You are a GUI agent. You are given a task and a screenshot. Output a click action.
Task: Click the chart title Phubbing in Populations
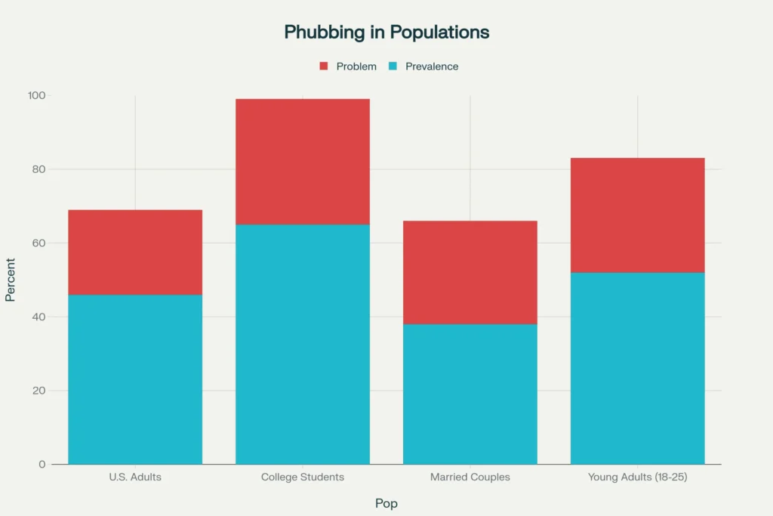point(386,32)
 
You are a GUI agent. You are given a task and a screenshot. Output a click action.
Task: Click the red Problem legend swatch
point(324,66)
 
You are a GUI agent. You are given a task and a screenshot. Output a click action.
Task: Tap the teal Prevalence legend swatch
point(393,66)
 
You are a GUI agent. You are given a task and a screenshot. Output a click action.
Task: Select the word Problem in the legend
point(356,66)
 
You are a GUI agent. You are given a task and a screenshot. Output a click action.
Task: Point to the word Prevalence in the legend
point(432,66)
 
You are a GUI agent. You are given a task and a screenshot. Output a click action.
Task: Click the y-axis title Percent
point(11,280)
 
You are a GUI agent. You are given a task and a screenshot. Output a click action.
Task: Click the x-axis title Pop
point(386,503)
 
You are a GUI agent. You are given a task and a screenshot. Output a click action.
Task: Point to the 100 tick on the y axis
point(37,96)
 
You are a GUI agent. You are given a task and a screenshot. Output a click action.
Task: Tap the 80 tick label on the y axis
point(39,169)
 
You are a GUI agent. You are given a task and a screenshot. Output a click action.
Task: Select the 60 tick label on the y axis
point(39,243)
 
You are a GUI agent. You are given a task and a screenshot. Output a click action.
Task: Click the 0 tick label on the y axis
point(42,464)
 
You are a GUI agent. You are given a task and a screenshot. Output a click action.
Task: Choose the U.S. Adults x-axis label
point(135,477)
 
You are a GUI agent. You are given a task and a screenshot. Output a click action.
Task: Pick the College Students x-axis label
point(303,477)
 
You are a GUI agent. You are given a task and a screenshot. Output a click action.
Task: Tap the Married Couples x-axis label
point(470,477)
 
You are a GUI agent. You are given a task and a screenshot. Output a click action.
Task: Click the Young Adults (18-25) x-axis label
point(638,477)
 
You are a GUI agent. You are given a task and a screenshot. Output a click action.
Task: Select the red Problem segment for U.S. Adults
point(135,252)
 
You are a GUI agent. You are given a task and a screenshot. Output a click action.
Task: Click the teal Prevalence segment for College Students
point(303,344)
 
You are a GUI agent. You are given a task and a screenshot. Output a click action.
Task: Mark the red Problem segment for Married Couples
point(470,272)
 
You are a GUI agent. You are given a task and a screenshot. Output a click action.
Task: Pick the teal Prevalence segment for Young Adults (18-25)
point(638,368)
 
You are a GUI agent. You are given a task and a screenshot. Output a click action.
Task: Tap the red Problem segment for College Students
point(303,162)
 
